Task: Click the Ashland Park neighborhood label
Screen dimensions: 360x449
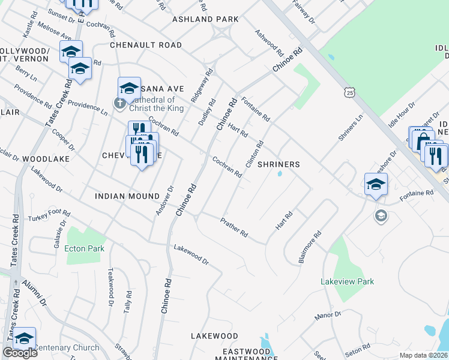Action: [x=205, y=19]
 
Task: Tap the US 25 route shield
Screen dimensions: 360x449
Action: [x=350, y=92]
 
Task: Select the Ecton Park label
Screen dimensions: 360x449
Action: [x=85, y=248]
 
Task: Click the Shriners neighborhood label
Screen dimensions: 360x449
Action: [x=279, y=164]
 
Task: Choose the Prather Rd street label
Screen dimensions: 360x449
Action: [x=234, y=227]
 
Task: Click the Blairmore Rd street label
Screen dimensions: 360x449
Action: [x=310, y=247]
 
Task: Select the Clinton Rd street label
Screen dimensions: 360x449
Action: [x=255, y=154]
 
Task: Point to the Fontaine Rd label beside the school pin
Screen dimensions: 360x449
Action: [x=417, y=193]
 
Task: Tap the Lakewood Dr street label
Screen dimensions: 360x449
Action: [x=191, y=254]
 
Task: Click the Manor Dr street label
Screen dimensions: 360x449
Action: [x=327, y=314]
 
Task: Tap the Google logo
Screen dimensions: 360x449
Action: [x=20, y=353]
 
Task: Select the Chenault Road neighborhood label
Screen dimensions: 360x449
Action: [x=145, y=45]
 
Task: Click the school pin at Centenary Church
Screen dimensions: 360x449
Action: [x=24, y=338]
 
